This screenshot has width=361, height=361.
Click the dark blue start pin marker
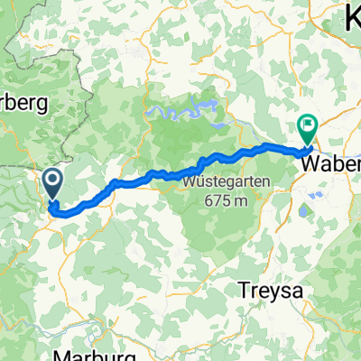52,184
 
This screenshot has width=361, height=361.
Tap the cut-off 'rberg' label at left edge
23,104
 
